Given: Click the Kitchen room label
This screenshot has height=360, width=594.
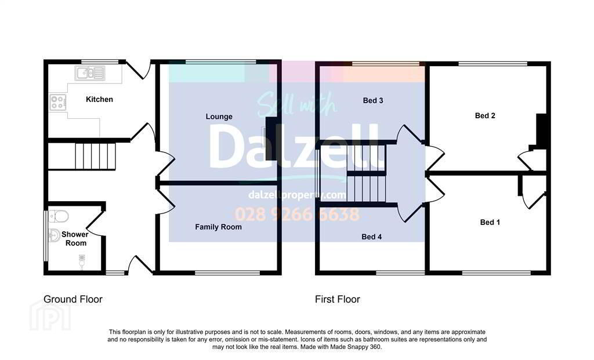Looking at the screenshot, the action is coord(99,100).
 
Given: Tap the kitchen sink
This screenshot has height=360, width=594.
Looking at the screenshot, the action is coord(90,73).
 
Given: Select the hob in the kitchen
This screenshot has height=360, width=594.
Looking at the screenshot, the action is coord(57,102).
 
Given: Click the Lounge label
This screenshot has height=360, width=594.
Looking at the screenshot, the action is coord(219,117).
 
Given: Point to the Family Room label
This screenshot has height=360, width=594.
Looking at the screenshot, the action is coord(218,227).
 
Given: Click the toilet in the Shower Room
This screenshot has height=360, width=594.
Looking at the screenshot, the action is coord(59,216).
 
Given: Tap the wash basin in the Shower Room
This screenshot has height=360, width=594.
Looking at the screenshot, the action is coord(54,235).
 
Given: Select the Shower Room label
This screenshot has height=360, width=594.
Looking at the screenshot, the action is coord(75,239).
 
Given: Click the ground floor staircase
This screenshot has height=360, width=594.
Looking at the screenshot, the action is coord(95,156).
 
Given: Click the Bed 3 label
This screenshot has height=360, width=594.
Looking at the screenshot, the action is coord(373,101).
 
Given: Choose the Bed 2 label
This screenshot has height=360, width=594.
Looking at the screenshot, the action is coord(485,116).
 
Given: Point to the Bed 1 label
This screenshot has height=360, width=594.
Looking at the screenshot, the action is coord(490,223).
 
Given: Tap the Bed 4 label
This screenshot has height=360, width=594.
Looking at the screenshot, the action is coord(372,237).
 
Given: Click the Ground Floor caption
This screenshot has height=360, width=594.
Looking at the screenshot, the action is coord(73,300).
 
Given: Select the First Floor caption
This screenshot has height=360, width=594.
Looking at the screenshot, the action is coord(338,300).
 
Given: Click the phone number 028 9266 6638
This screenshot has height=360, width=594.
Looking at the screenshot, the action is coord(297,214).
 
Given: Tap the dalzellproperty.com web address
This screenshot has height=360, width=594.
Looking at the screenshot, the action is coord(298,195).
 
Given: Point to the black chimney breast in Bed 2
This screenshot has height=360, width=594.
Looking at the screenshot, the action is coord(541,129).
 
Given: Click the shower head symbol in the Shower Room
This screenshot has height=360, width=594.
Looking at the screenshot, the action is coord(81,262).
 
